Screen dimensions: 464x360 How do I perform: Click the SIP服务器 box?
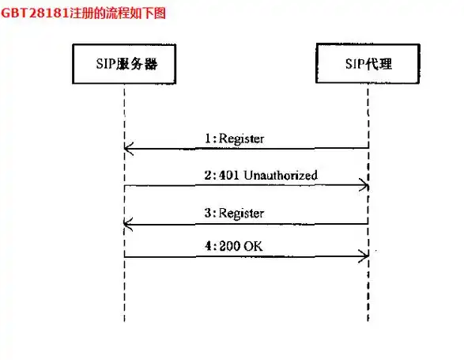coord(124,64)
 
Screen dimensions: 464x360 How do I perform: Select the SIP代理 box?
coord(368,63)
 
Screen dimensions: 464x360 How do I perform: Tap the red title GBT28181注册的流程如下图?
coord(83,13)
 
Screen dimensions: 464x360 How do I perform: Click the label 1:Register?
coord(234,138)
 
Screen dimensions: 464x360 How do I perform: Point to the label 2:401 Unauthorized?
coord(261,175)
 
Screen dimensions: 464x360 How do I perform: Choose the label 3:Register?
coord(234,214)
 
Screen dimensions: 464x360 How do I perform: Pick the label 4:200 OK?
coord(233,246)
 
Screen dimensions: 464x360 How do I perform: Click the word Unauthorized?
coord(281,175)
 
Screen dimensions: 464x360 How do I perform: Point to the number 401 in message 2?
coord(229,176)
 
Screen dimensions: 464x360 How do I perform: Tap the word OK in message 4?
coord(253,246)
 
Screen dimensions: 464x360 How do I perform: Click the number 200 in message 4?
coord(229,246)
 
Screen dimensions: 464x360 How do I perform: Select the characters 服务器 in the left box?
coord(137,64)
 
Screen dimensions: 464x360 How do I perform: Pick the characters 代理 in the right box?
coord(379,64)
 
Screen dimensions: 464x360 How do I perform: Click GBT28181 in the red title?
coord(36,13)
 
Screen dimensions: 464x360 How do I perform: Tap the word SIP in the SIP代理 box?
coord(356,64)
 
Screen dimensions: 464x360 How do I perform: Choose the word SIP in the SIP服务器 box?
coord(106,64)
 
